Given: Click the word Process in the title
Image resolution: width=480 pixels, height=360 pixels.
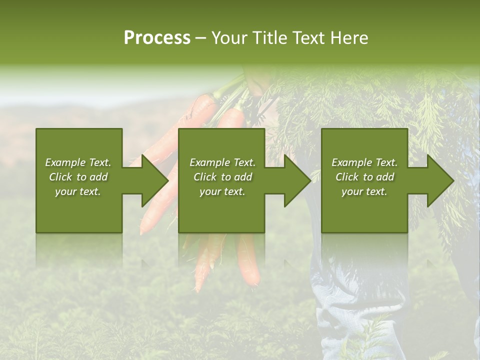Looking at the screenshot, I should click(x=157, y=38).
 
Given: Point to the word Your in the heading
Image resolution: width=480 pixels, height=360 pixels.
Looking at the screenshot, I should click(x=228, y=38).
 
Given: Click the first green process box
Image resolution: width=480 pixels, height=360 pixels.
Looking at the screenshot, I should click(x=79, y=210).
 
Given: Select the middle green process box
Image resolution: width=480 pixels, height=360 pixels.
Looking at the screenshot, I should click(x=221, y=210).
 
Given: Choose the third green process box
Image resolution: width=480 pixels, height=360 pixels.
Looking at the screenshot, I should click(x=364, y=210).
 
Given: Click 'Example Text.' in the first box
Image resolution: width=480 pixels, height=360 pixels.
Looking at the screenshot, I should click(x=78, y=162).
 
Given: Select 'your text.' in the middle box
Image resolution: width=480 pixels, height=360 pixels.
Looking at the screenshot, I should click(x=222, y=191).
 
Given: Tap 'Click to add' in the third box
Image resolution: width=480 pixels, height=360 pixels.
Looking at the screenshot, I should click(x=364, y=177).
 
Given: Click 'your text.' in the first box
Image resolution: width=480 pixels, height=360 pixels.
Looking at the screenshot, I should click(x=78, y=191).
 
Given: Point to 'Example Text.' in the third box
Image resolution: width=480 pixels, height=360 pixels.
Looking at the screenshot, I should click(x=364, y=162).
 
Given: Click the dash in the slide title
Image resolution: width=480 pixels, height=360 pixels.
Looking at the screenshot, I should click(x=201, y=38).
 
